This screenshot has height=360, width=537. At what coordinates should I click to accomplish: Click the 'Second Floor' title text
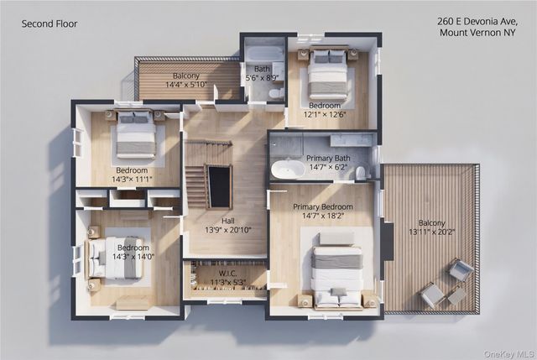pyautogui.click(x=50, y=23)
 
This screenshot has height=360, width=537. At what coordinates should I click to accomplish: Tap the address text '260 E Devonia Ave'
pyautogui.click(x=477, y=21)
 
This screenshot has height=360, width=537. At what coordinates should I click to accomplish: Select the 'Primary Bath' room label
pyautogui.click(x=328, y=159)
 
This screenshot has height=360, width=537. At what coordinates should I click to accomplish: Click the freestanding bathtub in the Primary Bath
pyautogui.click(x=288, y=170)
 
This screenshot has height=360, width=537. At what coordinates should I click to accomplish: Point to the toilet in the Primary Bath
pyautogui.click(x=361, y=173)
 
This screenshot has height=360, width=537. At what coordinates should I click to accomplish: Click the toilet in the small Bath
pyautogui.click(x=276, y=93)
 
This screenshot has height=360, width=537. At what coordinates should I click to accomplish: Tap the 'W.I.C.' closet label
pyautogui.click(x=227, y=274)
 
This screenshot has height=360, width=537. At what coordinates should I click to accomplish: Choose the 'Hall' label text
pyautogui.click(x=227, y=221)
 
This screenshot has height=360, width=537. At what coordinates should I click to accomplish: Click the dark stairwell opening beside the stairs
pyautogui.click(x=219, y=186)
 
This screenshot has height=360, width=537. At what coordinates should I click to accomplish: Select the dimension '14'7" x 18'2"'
pyautogui.click(x=322, y=216)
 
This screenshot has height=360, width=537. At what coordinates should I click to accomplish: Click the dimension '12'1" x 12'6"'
pyautogui.click(x=325, y=114)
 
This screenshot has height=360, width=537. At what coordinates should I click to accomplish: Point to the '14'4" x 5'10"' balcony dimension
pyautogui.click(x=186, y=84)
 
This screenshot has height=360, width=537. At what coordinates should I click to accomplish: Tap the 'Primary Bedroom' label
pyautogui.click(x=322, y=207)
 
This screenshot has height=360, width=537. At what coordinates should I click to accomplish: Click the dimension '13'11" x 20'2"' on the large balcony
pyautogui.click(x=431, y=232)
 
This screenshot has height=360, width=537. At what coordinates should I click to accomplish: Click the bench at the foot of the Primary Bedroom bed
pyautogui.click(x=337, y=238)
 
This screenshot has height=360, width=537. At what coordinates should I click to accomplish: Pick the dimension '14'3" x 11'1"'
pyautogui.click(x=132, y=179)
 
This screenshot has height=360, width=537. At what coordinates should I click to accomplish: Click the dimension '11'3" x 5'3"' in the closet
pyautogui.click(x=227, y=282)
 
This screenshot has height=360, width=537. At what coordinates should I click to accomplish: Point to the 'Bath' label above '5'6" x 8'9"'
pyautogui.click(x=262, y=69)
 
